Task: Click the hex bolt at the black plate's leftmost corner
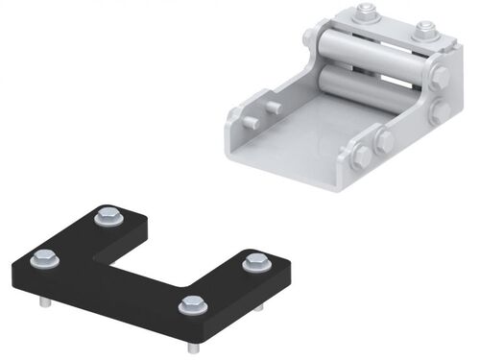44,257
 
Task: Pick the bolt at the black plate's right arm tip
254,261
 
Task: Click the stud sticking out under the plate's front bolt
195,347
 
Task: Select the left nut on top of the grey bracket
365,12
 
